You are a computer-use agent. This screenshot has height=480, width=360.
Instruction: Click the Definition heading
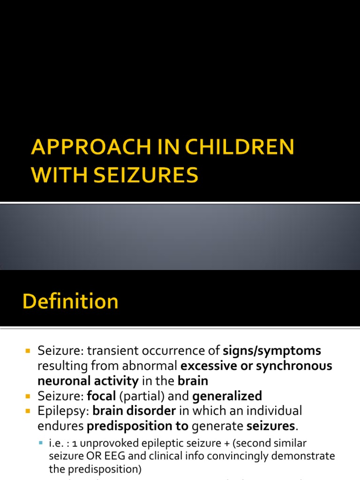(71, 301)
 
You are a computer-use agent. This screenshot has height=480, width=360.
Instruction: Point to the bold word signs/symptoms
(272, 351)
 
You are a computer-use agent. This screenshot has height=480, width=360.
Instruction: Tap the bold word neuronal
(64, 381)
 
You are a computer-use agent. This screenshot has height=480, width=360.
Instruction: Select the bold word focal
(101, 396)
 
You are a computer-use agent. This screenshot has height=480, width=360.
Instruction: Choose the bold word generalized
(227, 396)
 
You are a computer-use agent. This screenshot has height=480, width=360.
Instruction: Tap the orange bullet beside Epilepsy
(28, 411)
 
